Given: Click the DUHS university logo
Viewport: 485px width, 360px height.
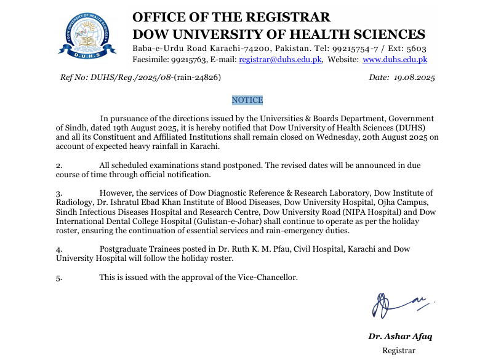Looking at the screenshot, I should (90, 35).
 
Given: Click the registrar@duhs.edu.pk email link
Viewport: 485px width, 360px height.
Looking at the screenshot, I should (281, 60).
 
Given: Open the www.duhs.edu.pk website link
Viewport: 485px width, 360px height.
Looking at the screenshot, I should (395, 60).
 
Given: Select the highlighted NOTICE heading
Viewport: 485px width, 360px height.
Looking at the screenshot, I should (247, 100).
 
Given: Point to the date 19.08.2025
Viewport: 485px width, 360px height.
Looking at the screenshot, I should (415, 78).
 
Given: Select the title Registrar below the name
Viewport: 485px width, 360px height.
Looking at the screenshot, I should (398, 351).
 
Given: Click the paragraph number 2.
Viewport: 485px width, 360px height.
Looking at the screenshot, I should (59, 166).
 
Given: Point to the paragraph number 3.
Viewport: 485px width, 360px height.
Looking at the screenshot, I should (59, 193).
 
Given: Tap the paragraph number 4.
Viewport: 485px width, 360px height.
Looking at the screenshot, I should (59, 249).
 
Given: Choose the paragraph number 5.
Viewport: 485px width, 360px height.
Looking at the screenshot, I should (59, 278).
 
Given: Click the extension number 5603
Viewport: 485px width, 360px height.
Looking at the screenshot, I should (416, 48).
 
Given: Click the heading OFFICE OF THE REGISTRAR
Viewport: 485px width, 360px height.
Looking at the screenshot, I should (231, 17).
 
